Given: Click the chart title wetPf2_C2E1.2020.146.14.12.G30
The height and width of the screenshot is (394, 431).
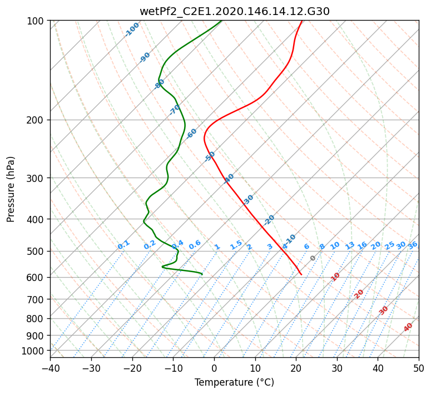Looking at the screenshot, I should pyautogui.click(x=234, y=11).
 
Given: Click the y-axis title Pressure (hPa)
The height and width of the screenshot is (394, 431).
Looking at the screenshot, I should pyautogui.click(x=11, y=189).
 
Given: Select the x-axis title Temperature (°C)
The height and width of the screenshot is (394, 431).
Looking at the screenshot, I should pyautogui.click(x=234, y=383).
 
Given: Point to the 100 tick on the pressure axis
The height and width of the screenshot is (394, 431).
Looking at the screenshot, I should pyautogui.click(x=37, y=21).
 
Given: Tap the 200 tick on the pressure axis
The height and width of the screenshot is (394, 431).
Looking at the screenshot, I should pyautogui.click(x=37, y=120).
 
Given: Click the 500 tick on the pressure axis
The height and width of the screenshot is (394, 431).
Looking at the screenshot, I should pyautogui.click(x=37, y=251).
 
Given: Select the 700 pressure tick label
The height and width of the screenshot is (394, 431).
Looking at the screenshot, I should pyautogui.click(x=37, y=299).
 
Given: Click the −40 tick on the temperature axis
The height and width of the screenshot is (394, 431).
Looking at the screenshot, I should pyautogui.click(x=50, y=368).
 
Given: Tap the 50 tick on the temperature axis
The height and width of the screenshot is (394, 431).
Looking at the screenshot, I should pyautogui.click(x=419, y=368).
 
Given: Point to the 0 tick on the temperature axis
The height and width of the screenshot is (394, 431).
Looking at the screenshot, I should pyautogui.click(x=214, y=368).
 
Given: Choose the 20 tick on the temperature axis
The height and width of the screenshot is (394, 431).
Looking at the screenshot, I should pyautogui.click(x=296, y=368).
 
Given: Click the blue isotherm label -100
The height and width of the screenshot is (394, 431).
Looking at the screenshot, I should pyautogui.click(x=132, y=29).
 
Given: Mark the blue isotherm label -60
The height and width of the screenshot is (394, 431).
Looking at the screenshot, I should pyautogui.click(x=192, y=134).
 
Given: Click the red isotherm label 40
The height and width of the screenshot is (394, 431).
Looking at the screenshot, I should pyautogui.click(x=409, y=327).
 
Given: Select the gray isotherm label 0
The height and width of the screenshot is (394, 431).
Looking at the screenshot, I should pyautogui.click(x=313, y=258).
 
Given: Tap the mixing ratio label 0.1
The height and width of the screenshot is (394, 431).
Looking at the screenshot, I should pyautogui.click(x=123, y=244).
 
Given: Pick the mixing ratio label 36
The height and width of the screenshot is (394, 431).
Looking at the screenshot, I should pyautogui.click(x=413, y=245).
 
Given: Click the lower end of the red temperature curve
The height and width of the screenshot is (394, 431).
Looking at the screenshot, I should pyautogui.click(x=301, y=274).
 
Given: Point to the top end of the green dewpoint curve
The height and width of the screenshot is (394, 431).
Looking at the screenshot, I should pyautogui.click(x=221, y=21).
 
